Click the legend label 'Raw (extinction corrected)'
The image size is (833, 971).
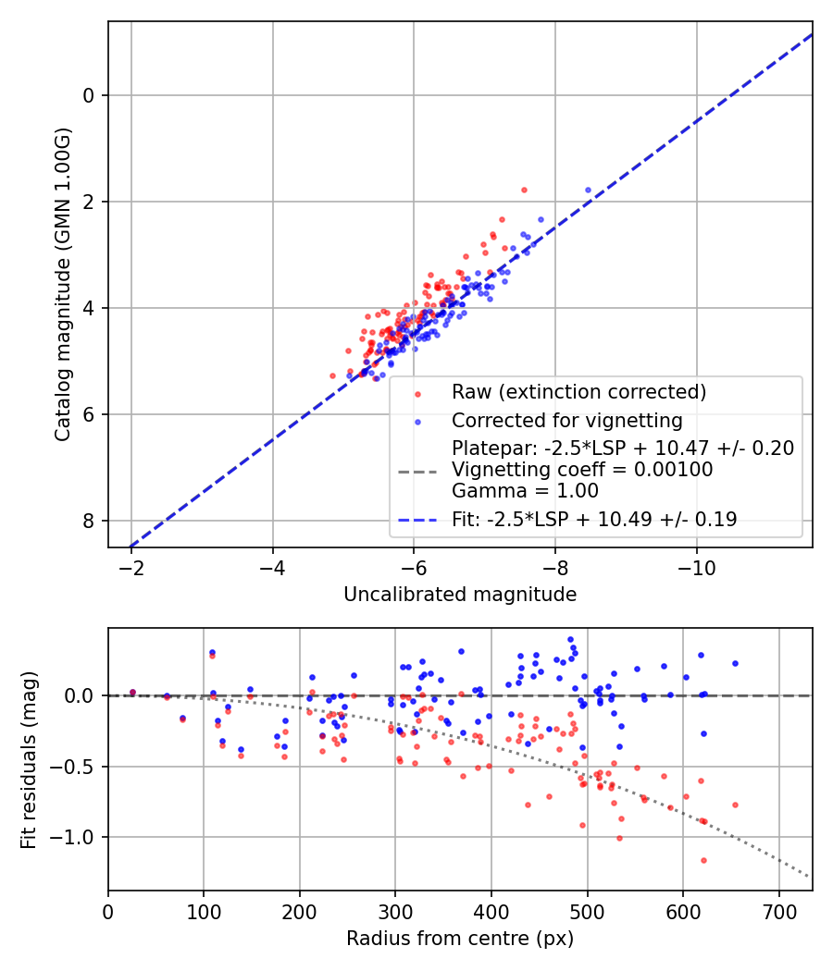click(578, 392)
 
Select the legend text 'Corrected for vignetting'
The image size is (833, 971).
click(566, 421)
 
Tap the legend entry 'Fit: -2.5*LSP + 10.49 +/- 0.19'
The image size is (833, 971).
click(594, 520)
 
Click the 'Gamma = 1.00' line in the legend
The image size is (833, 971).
click(525, 491)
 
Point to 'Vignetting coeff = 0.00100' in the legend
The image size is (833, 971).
click(582, 470)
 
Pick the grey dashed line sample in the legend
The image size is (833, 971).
click(417, 471)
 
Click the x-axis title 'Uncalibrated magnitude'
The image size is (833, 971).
click(460, 595)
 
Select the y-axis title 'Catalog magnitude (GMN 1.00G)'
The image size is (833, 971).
click(62, 285)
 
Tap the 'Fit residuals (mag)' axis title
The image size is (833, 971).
click(29, 760)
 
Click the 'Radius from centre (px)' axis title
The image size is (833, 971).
click(460, 939)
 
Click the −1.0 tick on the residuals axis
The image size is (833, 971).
click(80, 837)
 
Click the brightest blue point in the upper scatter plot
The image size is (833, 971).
click(588, 190)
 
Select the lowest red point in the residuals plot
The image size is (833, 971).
click(703, 860)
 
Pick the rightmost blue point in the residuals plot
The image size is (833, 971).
click(735, 663)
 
